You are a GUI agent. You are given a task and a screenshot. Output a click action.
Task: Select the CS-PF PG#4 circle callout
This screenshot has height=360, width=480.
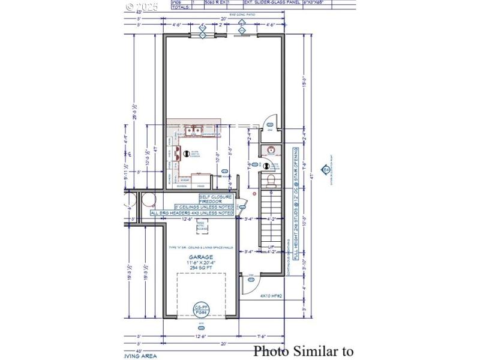coord(200,310)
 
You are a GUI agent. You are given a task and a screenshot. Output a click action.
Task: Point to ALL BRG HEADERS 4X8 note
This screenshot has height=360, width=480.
coord(191,212)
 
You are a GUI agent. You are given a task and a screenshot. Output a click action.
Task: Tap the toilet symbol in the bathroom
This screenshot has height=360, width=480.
coord(271,179)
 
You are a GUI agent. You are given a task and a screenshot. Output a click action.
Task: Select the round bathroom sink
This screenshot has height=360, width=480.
coord(271,149)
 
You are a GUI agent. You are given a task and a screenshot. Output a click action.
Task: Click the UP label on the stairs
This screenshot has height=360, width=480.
coord(271,247)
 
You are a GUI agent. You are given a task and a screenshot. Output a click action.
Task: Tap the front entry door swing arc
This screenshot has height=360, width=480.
coord(251,285)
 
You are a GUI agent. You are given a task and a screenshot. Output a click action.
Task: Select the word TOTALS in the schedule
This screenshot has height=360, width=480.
coord(181,7)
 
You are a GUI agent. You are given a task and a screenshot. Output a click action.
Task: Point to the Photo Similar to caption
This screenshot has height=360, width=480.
coord(303,350)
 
